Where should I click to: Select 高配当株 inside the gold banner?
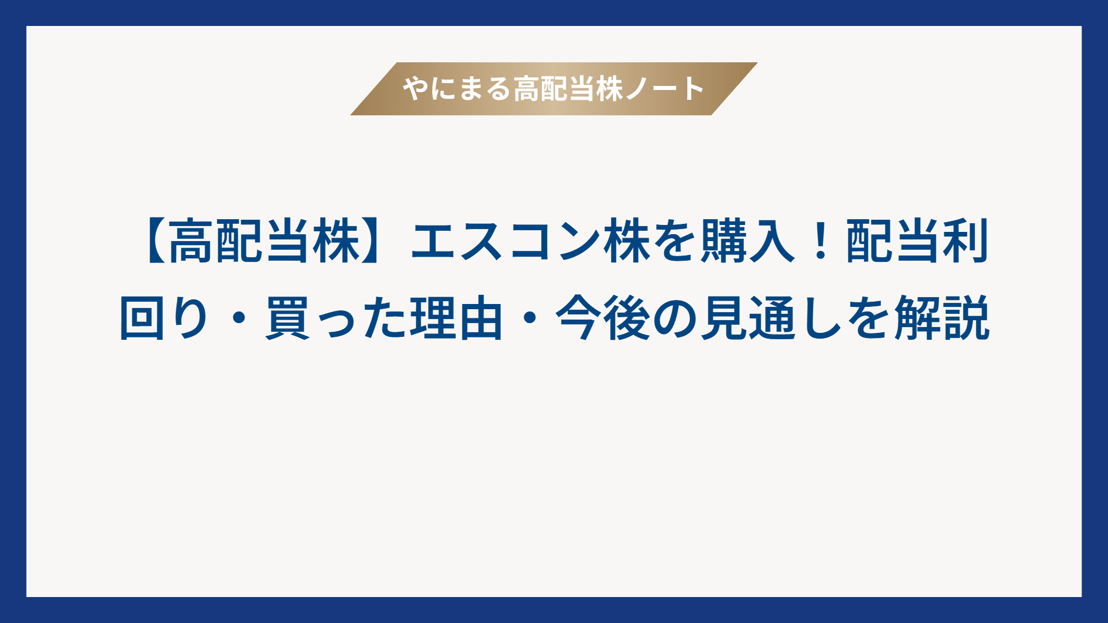coord(568,89)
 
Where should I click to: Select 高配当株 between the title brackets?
coord(265,241)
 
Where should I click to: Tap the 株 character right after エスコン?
coord(627,241)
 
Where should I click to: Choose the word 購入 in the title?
coord(748,241)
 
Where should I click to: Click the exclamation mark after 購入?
coord(820,241)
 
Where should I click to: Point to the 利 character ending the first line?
coord(966,241)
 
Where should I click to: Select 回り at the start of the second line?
coord(165,318)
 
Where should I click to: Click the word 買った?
coord(335,318)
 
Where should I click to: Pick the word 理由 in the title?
coord(456,318)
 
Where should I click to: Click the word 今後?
coord(602,318)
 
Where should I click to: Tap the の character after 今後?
coord(675,318)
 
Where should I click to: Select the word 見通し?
coord(772,318)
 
